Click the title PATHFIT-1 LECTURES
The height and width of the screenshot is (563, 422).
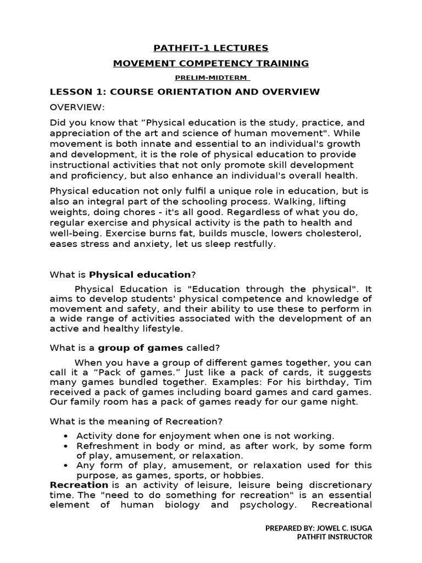(x=210, y=48)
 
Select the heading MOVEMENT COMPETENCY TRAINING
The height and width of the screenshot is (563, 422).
(x=210, y=63)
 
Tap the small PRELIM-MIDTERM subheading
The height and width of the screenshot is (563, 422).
(x=210, y=78)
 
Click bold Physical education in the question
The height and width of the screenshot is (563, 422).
(x=140, y=274)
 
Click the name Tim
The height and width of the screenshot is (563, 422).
(x=364, y=382)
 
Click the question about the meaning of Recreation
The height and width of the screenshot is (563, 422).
(x=136, y=421)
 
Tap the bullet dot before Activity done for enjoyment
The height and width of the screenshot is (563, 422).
(x=66, y=435)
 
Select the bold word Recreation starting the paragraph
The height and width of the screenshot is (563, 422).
(x=79, y=485)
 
